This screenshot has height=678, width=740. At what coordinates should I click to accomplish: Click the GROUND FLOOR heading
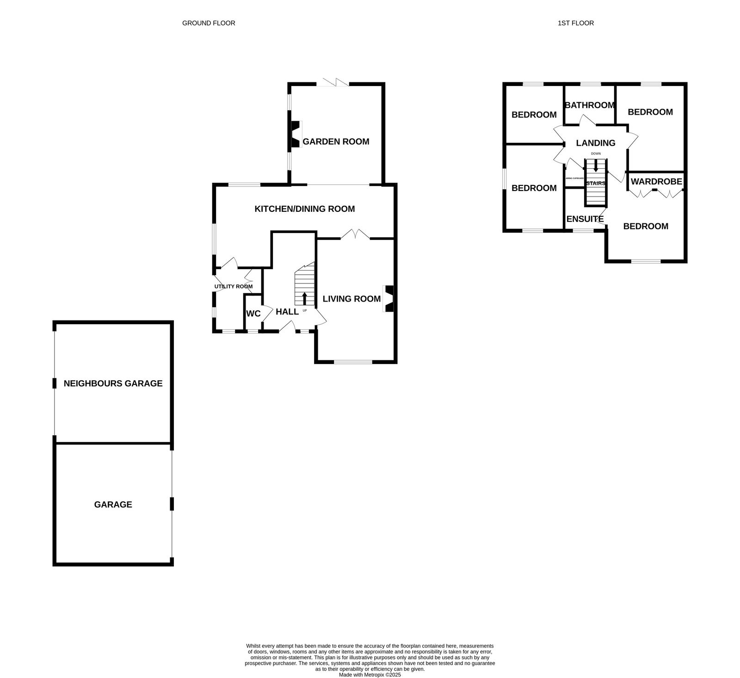[209, 23]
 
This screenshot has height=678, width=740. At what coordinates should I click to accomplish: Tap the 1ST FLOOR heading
[576, 23]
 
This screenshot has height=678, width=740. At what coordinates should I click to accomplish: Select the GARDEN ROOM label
[336, 142]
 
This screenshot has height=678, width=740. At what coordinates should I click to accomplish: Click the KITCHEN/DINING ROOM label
[305, 209]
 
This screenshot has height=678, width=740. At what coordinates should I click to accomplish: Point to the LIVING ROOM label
[351, 299]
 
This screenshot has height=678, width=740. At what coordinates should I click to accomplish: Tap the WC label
[253, 314]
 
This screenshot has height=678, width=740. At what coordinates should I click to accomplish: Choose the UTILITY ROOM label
[234, 287]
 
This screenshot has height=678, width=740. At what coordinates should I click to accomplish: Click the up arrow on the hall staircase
[304, 298]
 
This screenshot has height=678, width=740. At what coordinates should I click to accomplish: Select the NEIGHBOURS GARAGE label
[113, 383]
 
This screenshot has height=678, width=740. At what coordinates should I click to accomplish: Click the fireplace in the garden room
[294, 135]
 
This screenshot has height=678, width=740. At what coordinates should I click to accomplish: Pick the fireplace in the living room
[389, 299]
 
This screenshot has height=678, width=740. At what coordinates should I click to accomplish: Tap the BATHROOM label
[590, 105]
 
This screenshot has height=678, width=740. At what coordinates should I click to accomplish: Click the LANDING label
[596, 143]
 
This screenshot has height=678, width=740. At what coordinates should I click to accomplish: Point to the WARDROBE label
[656, 182]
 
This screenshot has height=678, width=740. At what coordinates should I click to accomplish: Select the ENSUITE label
[585, 219]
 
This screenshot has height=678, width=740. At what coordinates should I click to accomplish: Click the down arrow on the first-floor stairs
[596, 165]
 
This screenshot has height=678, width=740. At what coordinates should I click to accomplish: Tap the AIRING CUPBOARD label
[575, 178]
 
